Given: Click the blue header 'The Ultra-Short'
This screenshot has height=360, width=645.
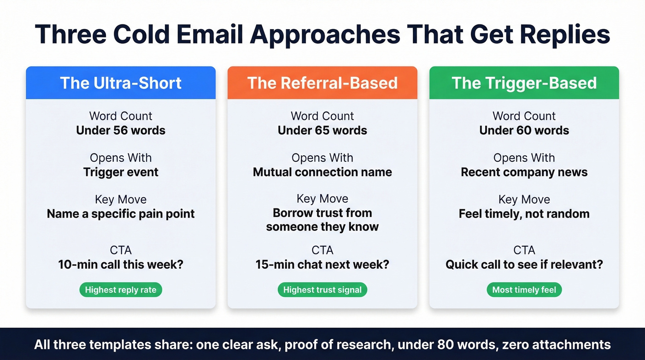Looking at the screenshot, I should [121, 83].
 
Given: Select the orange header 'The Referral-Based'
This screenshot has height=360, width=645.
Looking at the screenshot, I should [322, 83].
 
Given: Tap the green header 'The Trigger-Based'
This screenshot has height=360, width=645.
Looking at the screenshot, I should [524, 83].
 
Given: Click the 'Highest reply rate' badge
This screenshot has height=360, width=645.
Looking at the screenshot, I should [121, 290].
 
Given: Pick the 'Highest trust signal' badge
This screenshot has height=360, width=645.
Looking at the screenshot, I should [322, 290].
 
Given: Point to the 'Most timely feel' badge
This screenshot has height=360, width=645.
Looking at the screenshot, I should [524, 290].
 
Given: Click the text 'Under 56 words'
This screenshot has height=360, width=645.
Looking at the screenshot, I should [121, 130].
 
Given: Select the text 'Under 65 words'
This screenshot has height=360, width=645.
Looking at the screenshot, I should [322, 130].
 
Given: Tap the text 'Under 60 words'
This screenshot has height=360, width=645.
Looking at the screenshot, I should [524, 130].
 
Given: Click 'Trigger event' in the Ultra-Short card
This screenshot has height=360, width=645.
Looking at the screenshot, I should [121, 172].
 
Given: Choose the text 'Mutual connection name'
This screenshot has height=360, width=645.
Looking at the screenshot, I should [322, 172].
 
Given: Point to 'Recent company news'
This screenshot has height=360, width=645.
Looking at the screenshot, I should [524, 172].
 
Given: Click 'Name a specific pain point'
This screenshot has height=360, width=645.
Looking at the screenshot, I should [121, 214].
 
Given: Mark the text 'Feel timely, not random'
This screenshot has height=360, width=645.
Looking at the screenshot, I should [524, 214].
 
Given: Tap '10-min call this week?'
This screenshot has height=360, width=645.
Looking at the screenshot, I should [121, 265].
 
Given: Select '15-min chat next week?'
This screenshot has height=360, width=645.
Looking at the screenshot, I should [322, 265].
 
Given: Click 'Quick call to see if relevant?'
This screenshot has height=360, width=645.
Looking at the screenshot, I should [524, 265].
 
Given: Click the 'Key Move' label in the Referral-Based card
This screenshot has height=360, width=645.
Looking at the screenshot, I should [322, 199].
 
